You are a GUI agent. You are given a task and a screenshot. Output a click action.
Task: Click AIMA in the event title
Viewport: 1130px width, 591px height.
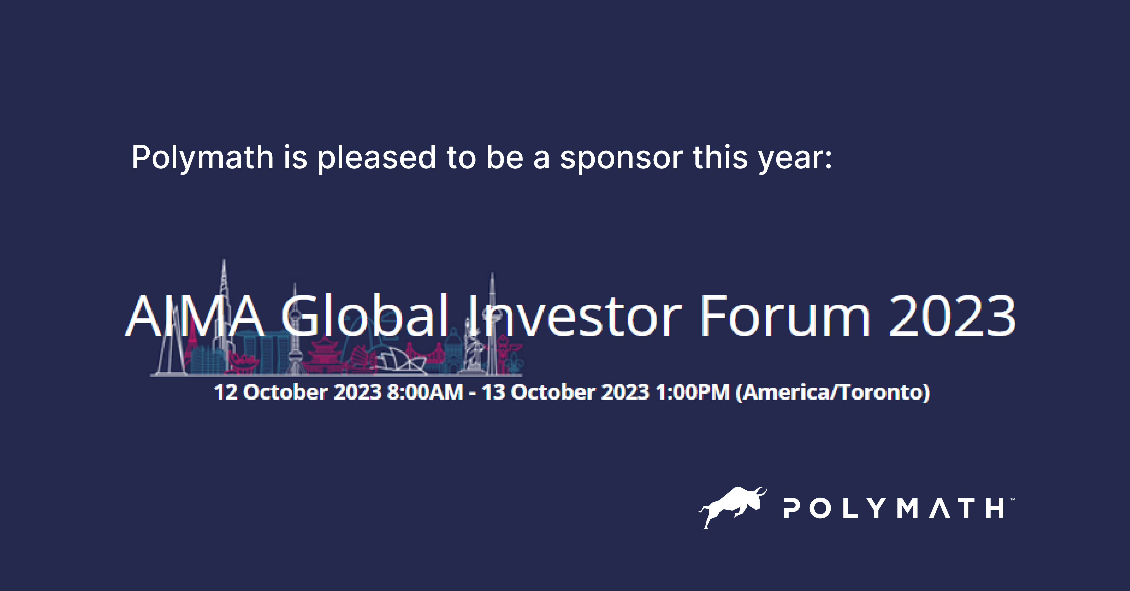pos(195,316)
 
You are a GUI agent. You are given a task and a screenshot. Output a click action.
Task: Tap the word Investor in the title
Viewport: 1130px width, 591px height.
pos(575,316)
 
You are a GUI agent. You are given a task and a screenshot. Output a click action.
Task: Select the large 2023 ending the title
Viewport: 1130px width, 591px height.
pos(952,316)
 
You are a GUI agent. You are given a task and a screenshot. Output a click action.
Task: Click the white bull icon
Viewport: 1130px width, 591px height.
pos(732,506)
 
